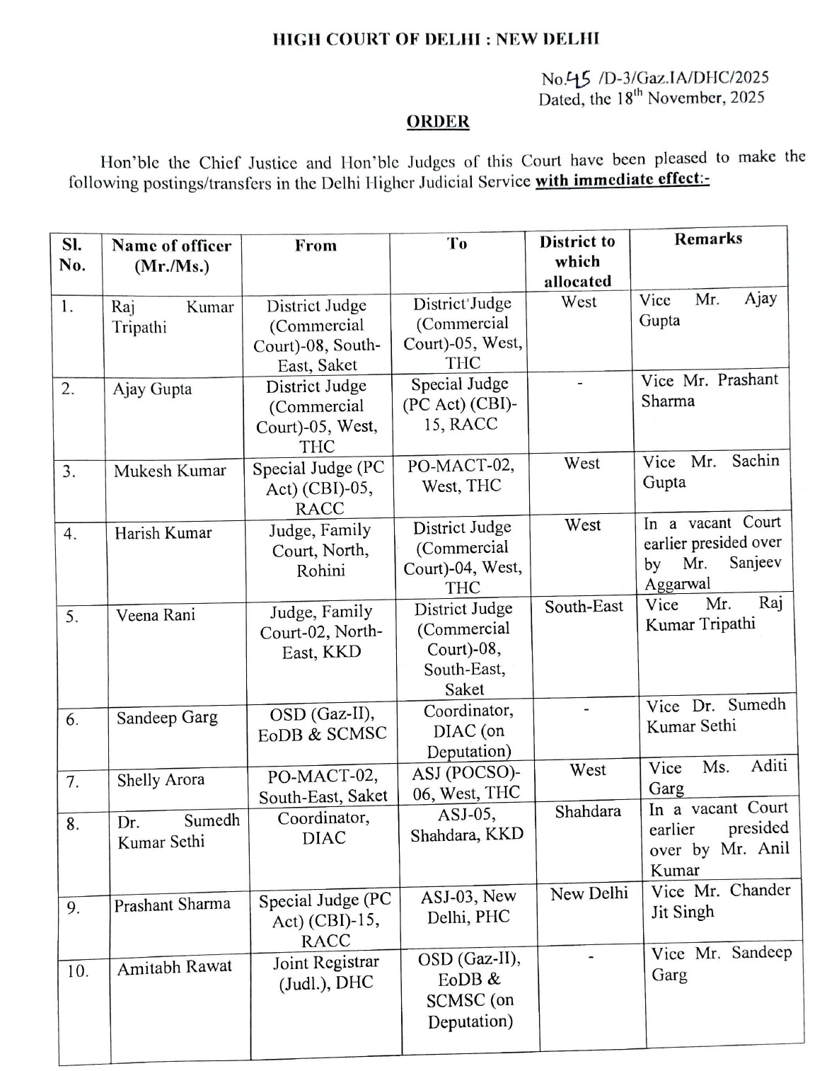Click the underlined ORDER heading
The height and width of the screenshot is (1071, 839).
click(x=438, y=122)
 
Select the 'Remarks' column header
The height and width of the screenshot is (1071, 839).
click(x=707, y=239)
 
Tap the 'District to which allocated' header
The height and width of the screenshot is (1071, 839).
click(x=577, y=261)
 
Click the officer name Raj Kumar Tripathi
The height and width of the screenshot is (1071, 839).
click(x=172, y=317)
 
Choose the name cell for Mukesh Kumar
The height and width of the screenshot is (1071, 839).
click(x=170, y=471)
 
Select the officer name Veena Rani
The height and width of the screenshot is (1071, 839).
click(x=156, y=615)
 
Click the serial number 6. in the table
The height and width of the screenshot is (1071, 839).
click(x=72, y=720)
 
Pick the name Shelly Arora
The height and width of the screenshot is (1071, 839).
click(x=161, y=780)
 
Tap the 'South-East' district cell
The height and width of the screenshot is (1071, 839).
click(x=584, y=607)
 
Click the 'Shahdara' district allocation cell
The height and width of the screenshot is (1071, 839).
click(x=587, y=811)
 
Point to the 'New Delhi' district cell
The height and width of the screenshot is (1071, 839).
click(x=589, y=894)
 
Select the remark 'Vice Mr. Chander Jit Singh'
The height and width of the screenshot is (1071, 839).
click(x=719, y=900)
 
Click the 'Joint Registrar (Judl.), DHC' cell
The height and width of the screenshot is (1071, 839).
click(x=326, y=972)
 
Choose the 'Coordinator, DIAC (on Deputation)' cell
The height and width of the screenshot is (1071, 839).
click(x=468, y=731)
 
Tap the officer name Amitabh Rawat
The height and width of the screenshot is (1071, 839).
click(x=174, y=967)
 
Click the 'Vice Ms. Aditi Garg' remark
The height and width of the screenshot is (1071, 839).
click(x=717, y=777)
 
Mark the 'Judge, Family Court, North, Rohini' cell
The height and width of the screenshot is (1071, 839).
click(x=320, y=550)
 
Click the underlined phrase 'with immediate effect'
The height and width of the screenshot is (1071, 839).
click(x=622, y=179)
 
